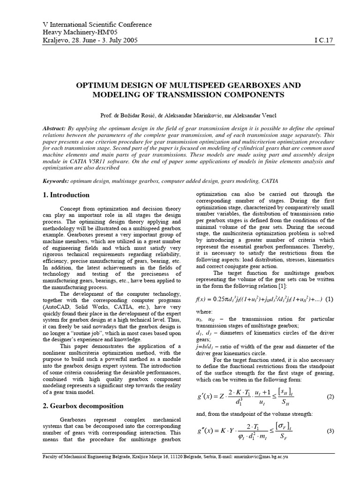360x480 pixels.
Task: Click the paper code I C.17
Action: [x=322, y=41]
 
